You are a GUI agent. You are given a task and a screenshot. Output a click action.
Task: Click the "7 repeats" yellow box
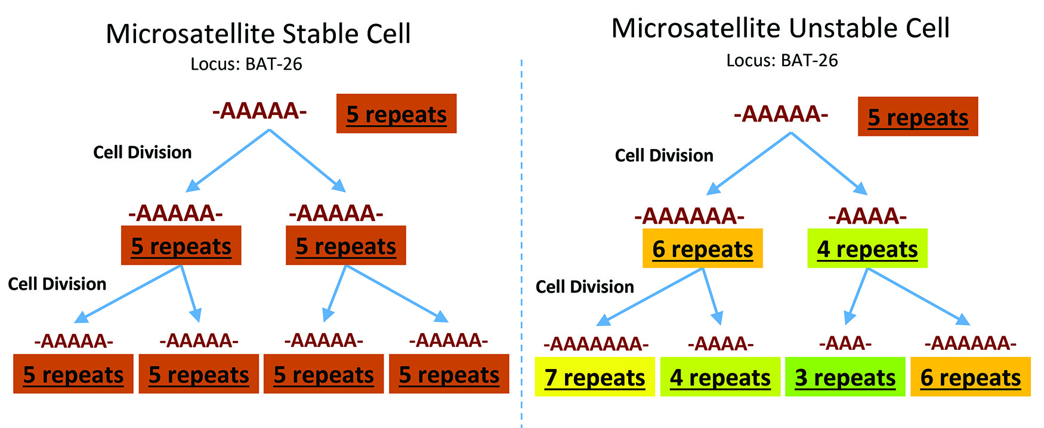point(595,377)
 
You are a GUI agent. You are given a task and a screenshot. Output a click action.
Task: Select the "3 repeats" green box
point(845,377)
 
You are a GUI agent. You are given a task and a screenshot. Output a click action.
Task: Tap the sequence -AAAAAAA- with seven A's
point(596,344)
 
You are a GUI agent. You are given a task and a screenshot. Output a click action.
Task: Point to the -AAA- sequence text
point(845,343)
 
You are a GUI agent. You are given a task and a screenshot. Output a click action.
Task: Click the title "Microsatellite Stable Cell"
point(258,34)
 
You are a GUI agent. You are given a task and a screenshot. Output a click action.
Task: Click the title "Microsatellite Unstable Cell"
point(780,29)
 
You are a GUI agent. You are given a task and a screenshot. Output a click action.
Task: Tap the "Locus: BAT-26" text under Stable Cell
point(246,64)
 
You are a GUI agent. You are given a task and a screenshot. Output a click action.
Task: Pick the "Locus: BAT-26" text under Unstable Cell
point(782,60)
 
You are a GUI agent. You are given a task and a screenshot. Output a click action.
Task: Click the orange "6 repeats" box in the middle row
point(702,249)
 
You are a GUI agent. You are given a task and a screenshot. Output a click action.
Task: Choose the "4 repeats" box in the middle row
point(867,249)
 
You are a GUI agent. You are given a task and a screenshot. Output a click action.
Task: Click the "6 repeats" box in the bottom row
point(970,377)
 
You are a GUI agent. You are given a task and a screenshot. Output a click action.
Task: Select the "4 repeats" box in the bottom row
point(720,377)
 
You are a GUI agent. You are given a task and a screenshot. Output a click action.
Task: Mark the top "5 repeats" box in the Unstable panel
point(918,117)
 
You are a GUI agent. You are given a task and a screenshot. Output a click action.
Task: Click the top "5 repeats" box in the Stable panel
point(396,114)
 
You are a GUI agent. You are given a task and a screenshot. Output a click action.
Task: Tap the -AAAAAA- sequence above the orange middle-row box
point(689,216)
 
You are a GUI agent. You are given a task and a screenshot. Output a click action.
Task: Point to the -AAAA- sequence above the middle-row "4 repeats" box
point(867,216)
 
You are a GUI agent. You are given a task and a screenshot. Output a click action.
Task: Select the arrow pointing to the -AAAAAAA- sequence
point(650,296)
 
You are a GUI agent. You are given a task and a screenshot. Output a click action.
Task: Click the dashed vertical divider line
point(521,238)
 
